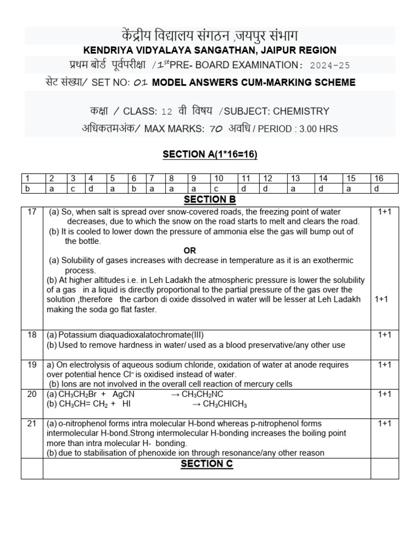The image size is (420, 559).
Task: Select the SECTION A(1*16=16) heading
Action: [210, 154]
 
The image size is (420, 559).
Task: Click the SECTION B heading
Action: [209, 200]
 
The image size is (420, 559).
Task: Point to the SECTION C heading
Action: [209, 463]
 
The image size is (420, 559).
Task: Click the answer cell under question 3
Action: [73, 188]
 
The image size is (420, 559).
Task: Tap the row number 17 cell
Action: [32, 212]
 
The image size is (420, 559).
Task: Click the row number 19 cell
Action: [32, 365]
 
